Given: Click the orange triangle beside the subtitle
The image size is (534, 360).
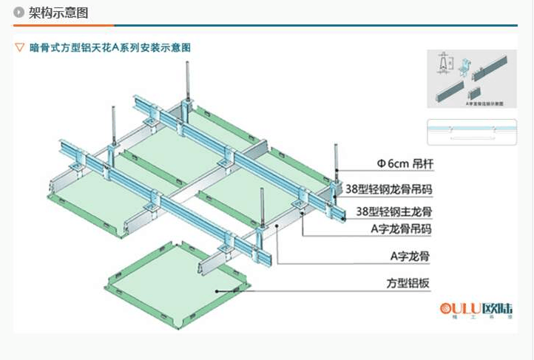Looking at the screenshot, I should [x=20, y=47].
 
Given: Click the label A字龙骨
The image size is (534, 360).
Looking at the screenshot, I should [x=410, y=256].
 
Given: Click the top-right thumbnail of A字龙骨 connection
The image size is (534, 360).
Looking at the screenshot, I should [x=470, y=78].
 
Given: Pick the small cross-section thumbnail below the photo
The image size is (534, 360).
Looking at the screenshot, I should [x=470, y=132].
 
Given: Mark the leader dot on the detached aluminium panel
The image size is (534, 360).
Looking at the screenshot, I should [x=216, y=291].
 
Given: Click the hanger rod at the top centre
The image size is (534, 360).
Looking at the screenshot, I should [x=188, y=81].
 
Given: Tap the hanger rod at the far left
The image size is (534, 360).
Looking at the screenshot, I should [x=113, y=126].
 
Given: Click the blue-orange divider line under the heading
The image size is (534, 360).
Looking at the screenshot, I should [x=266, y=25].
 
